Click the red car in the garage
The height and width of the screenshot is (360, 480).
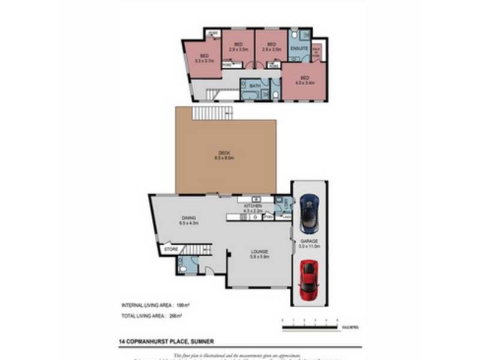point(308,280)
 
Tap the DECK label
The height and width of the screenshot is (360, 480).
point(224,154)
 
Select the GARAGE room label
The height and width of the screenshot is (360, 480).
point(310,242)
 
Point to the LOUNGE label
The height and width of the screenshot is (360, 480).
point(260,251)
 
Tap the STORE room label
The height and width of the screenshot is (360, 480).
point(170,248)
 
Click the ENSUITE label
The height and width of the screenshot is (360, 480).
point(298,47)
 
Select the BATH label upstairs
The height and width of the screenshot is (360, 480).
point(254,85)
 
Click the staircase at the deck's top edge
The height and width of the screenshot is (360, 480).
point(211,113)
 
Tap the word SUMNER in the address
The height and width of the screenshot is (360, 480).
point(202,342)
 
